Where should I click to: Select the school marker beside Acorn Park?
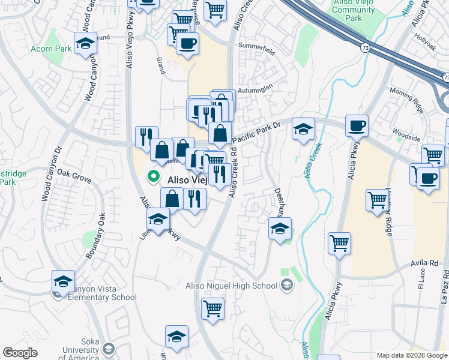point(85,43)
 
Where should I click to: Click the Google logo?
point(20,353)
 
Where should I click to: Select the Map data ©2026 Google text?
point(411,355)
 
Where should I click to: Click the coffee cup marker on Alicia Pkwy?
point(357,126)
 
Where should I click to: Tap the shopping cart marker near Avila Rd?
point(339,244)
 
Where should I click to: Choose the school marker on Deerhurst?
point(280,229)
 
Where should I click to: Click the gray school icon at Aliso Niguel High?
point(287,286)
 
